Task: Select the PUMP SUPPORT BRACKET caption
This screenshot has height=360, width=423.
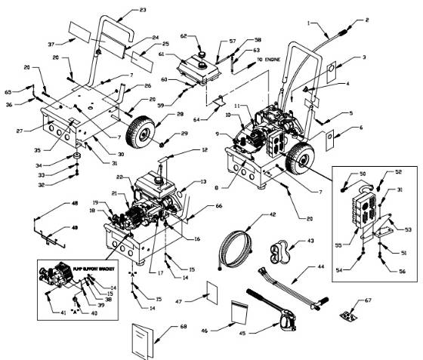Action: tap(82, 266)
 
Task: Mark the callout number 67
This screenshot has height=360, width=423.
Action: tap(369, 300)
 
